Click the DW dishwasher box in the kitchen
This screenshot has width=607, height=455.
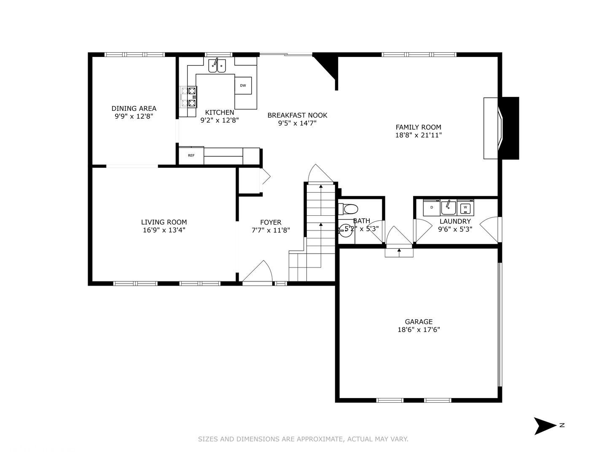click(243, 86)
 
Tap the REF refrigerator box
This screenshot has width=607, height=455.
click(191, 155)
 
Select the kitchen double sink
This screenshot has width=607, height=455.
click(217, 66)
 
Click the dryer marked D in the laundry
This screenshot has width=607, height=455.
click(432, 207)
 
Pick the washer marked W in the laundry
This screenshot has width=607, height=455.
click(465, 207)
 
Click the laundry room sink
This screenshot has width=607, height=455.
click(449, 207)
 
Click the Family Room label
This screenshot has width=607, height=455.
click(418, 127)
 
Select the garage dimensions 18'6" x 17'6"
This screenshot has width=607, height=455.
click(419, 330)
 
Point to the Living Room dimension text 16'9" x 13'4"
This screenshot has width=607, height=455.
click(164, 230)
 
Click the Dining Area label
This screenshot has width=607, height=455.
click(134, 108)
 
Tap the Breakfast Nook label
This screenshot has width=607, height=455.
click(297, 115)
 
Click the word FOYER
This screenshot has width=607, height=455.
click(271, 222)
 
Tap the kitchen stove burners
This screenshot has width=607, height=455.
click(188, 96)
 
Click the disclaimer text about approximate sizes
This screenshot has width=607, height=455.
click(303, 439)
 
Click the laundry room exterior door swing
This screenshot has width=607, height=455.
click(490, 229)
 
